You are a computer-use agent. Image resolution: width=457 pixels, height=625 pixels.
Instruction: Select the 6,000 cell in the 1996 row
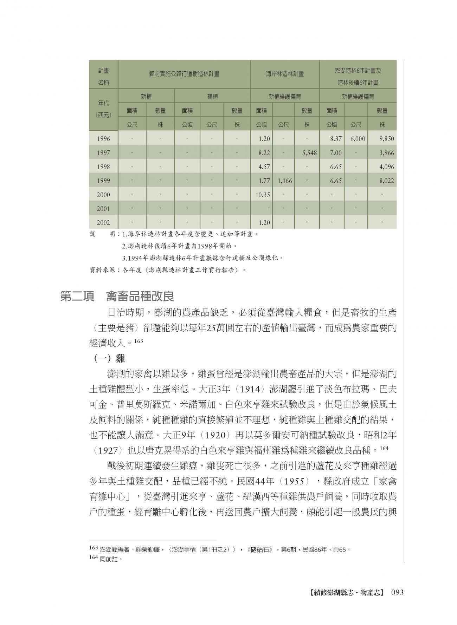pyautogui.click(x=358, y=139)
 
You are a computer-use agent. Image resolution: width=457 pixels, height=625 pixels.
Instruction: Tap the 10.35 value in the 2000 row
pyautogui.click(x=262, y=195)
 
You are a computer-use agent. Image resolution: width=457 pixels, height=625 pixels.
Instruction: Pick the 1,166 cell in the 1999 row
pyautogui.click(x=284, y=181)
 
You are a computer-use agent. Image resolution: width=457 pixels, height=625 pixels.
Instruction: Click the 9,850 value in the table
pyautogui.click(x=386, y=139)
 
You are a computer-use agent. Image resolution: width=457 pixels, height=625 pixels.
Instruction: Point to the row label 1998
pyautogui.click(x=103, y=167)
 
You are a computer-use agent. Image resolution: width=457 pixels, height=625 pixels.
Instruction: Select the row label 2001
pyautogui.click(x=103, y=209)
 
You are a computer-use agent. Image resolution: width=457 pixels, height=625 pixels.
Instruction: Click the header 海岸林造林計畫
pyautogui.click(x=285, y=74)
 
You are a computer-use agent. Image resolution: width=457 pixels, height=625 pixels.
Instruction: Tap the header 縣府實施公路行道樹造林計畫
pyautogui.click(x=184, y=74)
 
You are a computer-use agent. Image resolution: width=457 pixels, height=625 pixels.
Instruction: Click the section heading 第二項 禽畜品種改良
pyautogui.click(x=117, y=296)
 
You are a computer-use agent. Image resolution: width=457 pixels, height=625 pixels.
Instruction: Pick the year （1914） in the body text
pyautogui.click(x=250, y=389)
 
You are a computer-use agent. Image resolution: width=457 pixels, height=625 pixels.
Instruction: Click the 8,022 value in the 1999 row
pyautogui.click(x=386, y=181)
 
